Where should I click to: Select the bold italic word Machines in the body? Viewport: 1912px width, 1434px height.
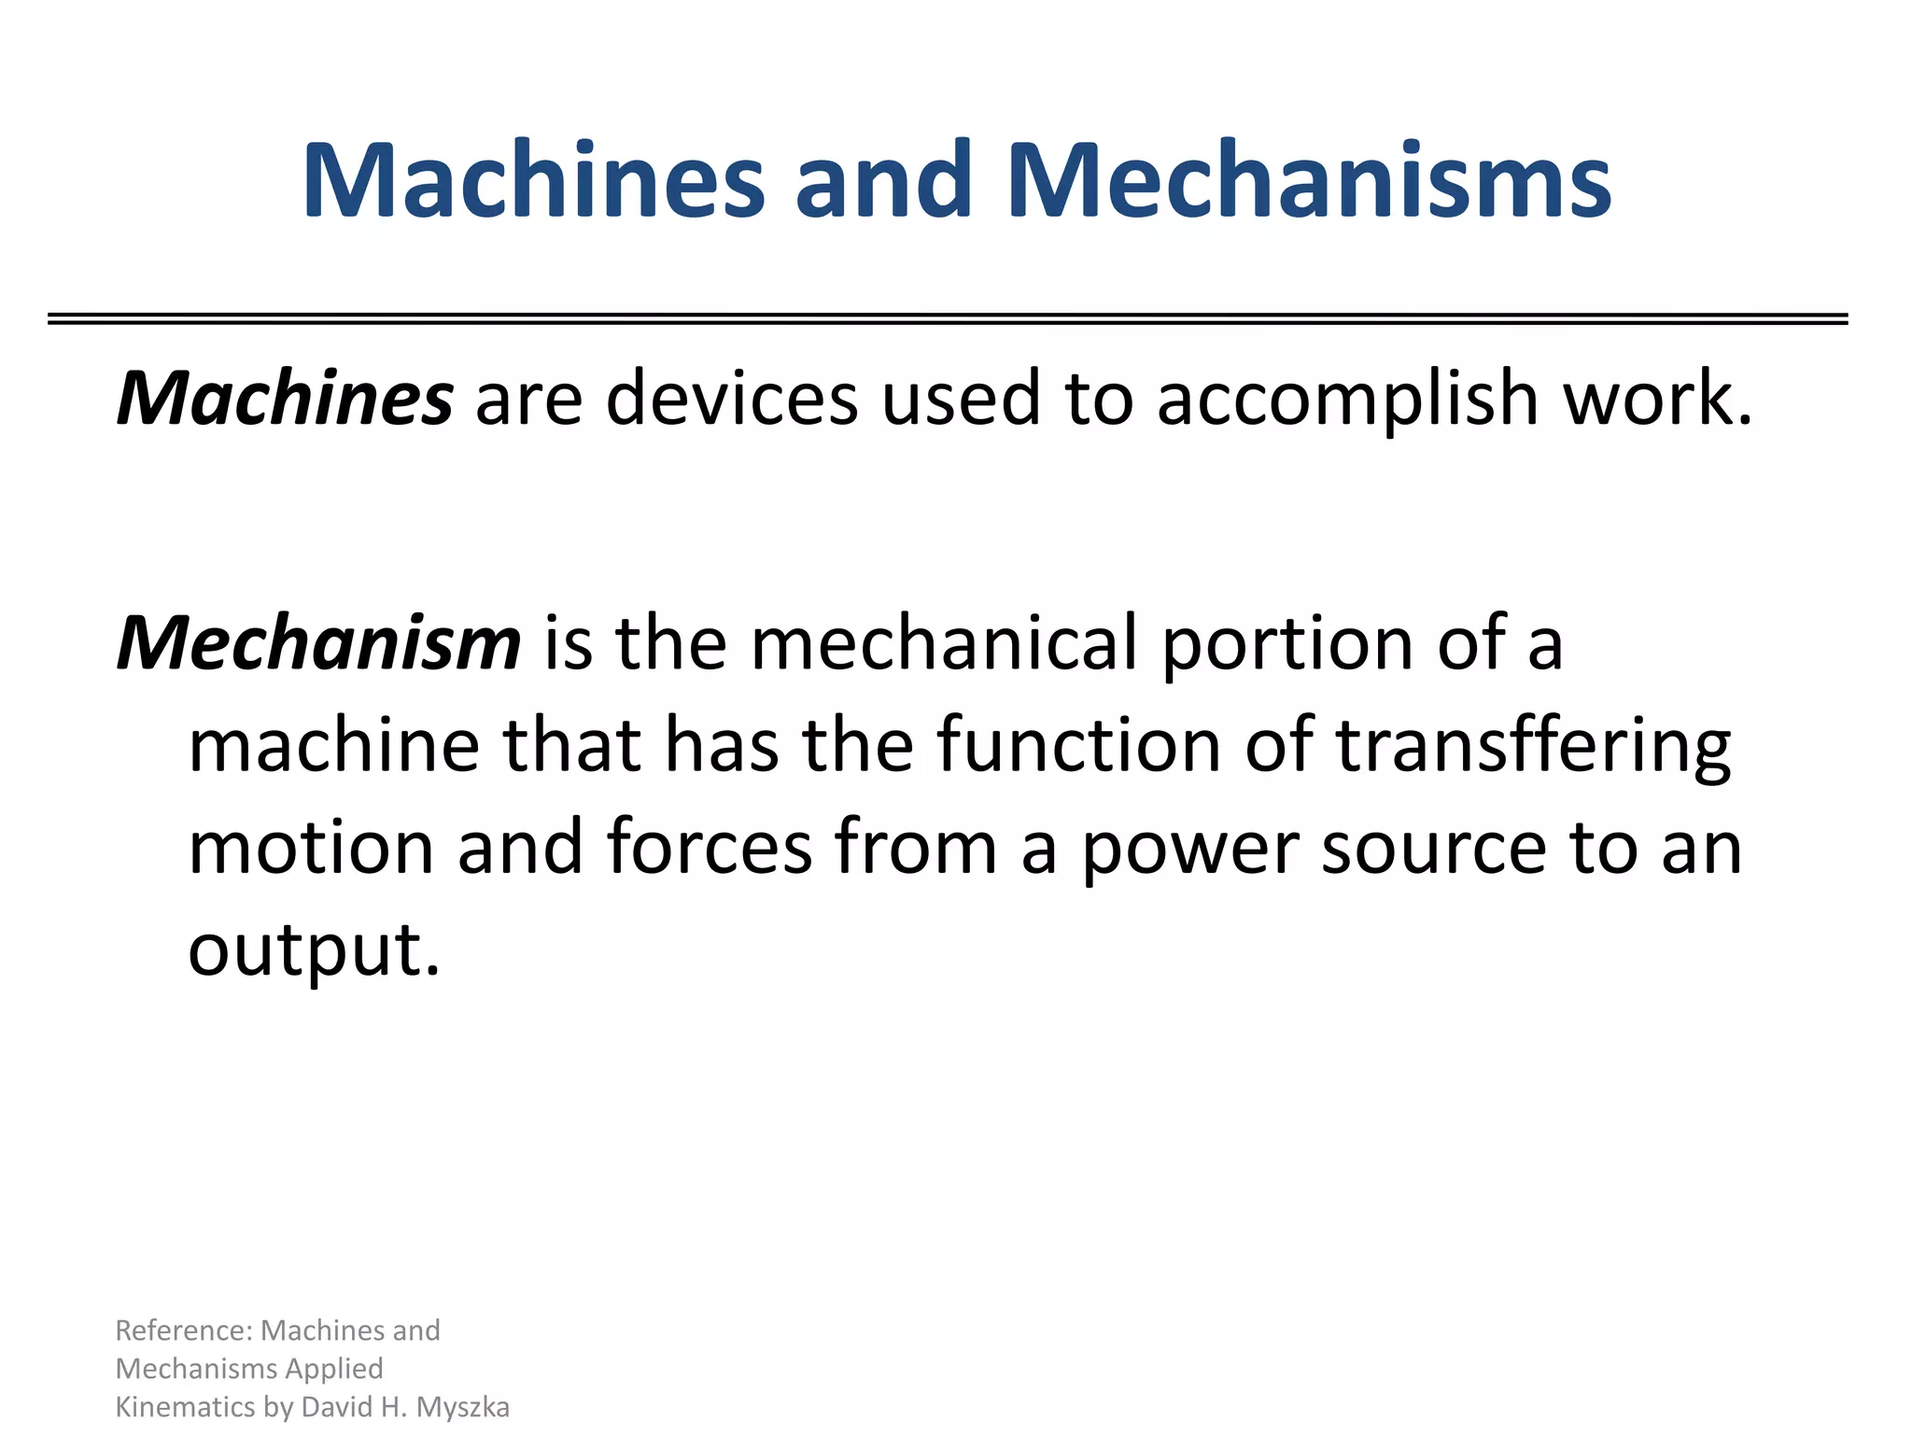point(285,399)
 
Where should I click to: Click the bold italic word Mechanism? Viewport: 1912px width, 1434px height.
point(318,644)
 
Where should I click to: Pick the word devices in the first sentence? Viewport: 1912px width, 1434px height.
point(731,399)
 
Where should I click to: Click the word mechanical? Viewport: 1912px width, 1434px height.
point(944,644)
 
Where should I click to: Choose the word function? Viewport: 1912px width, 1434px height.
point(1078,746)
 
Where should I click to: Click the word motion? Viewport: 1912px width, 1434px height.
point(311,848)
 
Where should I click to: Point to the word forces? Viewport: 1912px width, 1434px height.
point(709,848)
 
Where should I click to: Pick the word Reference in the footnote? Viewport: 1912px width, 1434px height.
point(182,1330)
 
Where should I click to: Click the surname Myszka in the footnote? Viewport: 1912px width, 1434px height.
point(463,1408)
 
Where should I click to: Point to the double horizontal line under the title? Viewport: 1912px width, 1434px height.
point(948,319)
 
